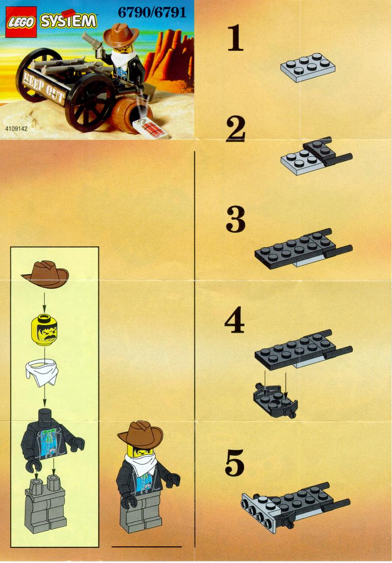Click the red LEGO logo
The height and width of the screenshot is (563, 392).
pyautogui.click(x=21, y=22)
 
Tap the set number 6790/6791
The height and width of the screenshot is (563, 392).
pyautogui.click(x=152, y=13)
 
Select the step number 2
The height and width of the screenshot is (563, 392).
pyautogui.click(x=236, y=129)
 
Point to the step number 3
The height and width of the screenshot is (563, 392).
pyautogui.click(x=236, y=219)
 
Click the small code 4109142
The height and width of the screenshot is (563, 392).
pyautogui.click(x=16, y=128)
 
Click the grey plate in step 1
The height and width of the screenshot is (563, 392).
pyautogui.click(x=308, y=68)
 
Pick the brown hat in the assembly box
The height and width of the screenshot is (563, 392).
pyautogui.click(x=45, y=275)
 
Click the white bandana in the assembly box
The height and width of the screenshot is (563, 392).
pyautogui.click(x=42, y=374)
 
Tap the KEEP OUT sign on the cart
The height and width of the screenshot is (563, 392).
pyautogui.click(x=44, y=87)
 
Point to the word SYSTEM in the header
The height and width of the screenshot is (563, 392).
pyautogui.click(x=68, y=21)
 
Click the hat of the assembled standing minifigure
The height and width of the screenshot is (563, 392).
pyautogui.click(x=141, y=434)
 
